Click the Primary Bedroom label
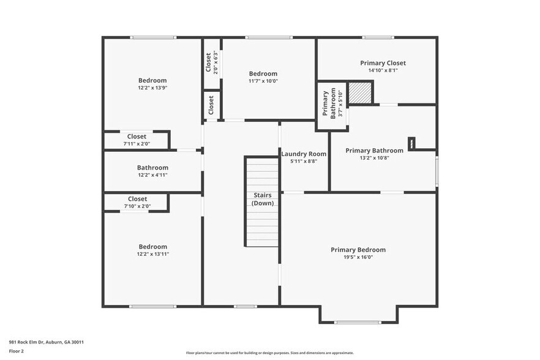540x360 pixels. (358, 250)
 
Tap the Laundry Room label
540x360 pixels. (304, 154)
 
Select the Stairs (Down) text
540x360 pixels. (263, 199)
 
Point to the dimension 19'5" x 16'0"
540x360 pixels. (358, 258)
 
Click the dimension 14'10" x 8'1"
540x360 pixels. (383, 70)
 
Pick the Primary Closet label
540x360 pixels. (383, 63)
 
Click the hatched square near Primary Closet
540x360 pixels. (360, 94)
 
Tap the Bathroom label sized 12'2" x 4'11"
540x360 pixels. (152, 167)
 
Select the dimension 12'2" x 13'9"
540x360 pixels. (152, 88)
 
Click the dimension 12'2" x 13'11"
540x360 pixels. (152, 254)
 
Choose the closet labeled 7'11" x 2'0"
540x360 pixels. (137, 140)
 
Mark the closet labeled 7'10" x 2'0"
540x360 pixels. (137, 203)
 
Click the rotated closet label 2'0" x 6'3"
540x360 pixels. (212, 62)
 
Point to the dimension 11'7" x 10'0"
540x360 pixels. (263, 81)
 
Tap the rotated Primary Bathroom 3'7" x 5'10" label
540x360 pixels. (329, 104)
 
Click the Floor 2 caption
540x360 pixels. (17, 351)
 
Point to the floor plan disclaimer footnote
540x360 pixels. (269, 353)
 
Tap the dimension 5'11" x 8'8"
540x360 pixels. (304, 162)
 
